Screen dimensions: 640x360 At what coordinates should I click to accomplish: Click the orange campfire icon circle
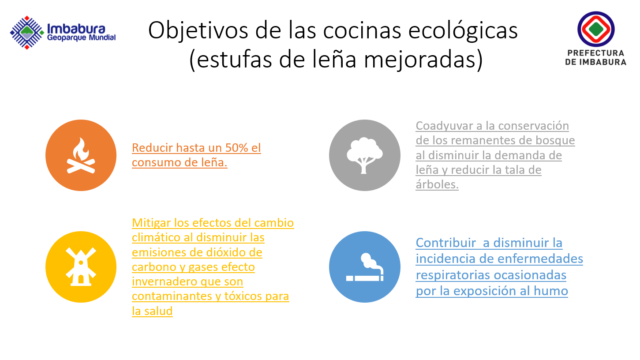pos(81,155)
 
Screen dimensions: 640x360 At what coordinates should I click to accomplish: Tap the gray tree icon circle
pos(365,155)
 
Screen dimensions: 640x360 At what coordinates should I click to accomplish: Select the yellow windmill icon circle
pos(81,267)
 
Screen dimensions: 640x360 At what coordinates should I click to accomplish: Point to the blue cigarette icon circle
pos(365,267)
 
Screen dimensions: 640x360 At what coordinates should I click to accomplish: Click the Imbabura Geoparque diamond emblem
pos(27,33)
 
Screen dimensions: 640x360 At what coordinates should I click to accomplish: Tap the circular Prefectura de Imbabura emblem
pos(596,29)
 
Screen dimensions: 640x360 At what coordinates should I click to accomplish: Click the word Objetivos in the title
pos(198,31)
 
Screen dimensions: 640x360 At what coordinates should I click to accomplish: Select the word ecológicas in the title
pos(463,31)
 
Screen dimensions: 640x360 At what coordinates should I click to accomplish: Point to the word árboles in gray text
pos(437,184)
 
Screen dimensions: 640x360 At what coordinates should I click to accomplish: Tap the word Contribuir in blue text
pos(446,243)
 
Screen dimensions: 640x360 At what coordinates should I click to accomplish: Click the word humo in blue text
pos(551,291)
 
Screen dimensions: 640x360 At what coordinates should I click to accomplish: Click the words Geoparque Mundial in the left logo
pos(81,37)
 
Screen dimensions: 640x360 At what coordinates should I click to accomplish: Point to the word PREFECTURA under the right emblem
pos(596,53)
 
